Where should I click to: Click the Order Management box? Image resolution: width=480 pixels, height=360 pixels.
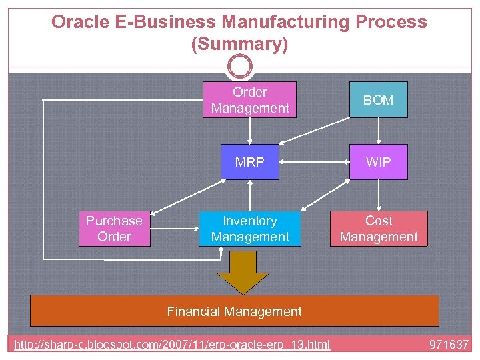click(249, 100)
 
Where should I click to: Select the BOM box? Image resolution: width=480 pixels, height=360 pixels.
click(378, 100)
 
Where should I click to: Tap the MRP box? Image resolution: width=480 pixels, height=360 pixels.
click(249, 162)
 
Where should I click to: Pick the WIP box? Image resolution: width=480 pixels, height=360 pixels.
click(378, 162)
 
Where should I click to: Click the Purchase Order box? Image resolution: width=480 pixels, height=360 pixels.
click(114, 229)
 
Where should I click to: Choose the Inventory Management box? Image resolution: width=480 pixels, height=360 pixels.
click(249, 229)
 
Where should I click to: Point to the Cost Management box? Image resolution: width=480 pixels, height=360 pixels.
click(378, 229)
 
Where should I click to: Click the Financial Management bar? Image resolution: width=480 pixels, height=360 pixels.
click(234, 311)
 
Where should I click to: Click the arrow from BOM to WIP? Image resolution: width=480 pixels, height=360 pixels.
click(378, 131)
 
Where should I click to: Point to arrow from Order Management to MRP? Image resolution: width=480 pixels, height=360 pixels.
click(249, 131)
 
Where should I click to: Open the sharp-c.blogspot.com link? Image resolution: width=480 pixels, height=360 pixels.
click(173, 345)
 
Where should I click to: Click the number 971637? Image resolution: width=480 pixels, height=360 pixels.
click(449, 345)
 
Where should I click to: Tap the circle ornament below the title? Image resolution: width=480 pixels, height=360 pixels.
click(240, 67)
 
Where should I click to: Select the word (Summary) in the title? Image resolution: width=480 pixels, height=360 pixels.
click(239, 45)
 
